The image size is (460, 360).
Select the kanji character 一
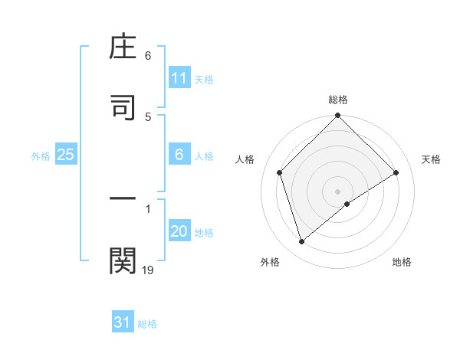click(x=123, y=200)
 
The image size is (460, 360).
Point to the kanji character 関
click(x=123, y=261)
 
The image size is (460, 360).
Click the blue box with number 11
click(x=179, y=78)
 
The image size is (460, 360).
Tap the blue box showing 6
click(x=179, y=155)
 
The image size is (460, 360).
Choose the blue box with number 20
click(x=179, y=231)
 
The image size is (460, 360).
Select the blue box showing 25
click(x=66, y=155)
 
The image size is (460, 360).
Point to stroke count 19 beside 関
click(x=148, y=270)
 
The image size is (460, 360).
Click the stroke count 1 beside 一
click(x=148, y=208)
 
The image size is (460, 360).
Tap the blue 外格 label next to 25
click(x=41, y=155)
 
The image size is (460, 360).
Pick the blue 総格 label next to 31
click(x=147, y=324)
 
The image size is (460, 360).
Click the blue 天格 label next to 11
click(x=203, y=79)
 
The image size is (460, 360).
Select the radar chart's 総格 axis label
click(x=338, y=100)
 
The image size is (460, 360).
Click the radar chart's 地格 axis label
click(x=402, y=262)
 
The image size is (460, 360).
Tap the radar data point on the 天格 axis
click(x=396, y=173)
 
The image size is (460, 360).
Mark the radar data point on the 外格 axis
click(x=301, y=242)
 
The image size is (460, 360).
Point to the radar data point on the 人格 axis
click(x=280, y=172)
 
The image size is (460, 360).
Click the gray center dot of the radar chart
click(x=338, y=191)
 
